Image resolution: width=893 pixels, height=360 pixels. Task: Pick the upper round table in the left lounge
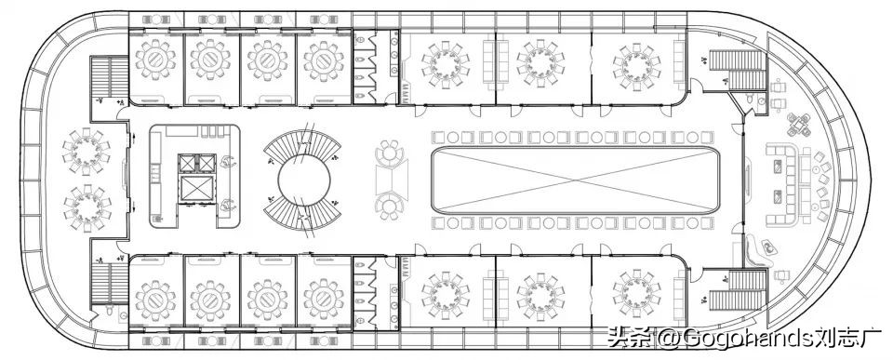click(86, 149)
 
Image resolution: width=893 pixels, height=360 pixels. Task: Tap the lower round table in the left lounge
click(86, 207)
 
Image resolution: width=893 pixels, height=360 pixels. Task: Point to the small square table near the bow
click(797, 123)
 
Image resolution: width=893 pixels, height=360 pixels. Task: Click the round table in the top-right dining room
click(634, 63)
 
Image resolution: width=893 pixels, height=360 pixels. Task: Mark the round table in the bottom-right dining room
click(635, 291)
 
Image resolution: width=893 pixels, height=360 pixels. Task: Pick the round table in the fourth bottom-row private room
click(322, 298)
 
